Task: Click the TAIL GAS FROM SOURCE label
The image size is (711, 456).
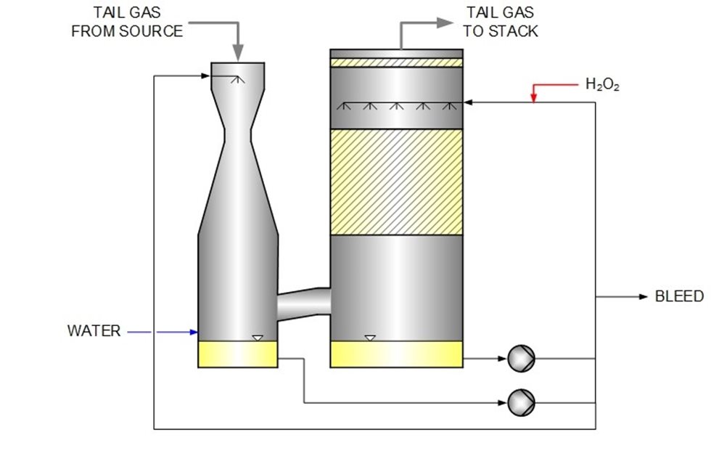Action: [x=127, y=22]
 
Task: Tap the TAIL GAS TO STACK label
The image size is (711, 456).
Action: [x=500, y=22]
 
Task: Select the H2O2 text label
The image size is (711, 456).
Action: [x=602, y=85]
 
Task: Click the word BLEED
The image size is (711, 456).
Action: [x=679, y=296]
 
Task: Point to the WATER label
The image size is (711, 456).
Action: [x=94, y=331]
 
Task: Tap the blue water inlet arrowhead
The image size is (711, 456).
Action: [x=194, y=332]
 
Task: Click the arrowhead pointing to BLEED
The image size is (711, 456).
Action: [x=642, y=296]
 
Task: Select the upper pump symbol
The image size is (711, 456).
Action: [x=520, y=357]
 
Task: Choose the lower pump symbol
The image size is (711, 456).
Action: [x=520, y=400]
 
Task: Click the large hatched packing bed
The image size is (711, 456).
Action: [x=396, y=182]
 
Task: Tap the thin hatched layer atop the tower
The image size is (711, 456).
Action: [x=396, y=63]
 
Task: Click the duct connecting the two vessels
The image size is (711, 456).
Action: [x=303, y=301]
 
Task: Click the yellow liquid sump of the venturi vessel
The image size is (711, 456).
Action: [x=237, y=354]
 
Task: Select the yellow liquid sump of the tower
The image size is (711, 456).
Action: [x=396, y=354]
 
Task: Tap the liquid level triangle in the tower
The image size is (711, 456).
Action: [x=370, y=337]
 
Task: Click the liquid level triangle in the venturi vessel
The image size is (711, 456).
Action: [x=257, y=337]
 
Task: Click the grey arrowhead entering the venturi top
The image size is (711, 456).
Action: [x=238, y=54]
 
